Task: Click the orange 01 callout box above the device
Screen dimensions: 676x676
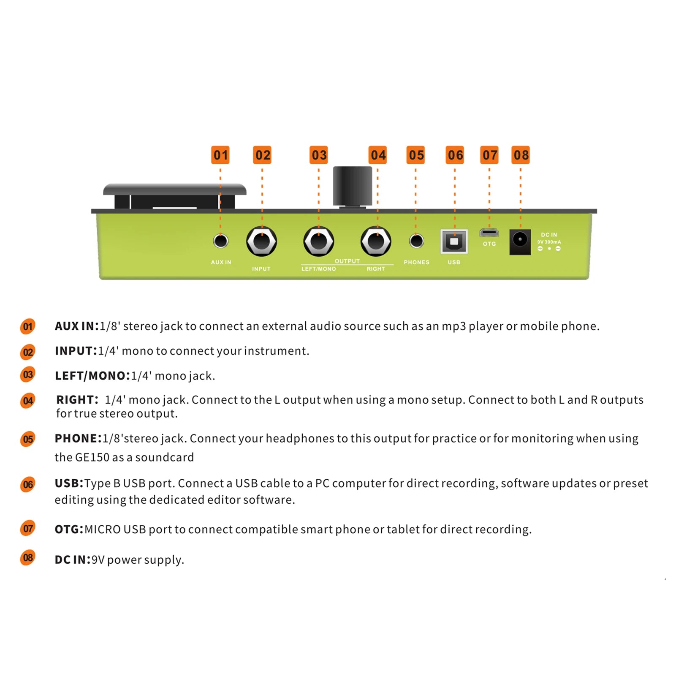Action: pos(220,155)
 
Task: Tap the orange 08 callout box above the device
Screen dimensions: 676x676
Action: pos(521,155)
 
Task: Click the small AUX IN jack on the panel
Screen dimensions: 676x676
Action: pos(220,241)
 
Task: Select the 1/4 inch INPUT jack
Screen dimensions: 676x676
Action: pos(261,242)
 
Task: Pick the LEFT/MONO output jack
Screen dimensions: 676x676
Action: pos(319,242)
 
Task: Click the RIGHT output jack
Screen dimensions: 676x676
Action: pos(376,242)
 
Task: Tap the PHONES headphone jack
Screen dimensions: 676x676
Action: pos(416,241)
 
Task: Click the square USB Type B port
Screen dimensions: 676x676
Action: pos(454,242)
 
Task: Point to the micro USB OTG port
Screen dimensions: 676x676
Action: pos(489,233)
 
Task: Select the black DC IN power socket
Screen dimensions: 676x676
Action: pos(520,242)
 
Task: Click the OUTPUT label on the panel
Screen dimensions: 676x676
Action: pos(347,261)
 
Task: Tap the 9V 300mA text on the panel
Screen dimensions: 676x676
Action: pos(549,242)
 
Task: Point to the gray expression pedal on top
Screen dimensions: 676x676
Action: pos(174,189)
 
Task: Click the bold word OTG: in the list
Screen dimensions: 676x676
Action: pos(69,529)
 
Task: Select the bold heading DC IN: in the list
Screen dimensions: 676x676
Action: pos(73,559)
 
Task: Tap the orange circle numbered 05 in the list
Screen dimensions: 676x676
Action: pos(28,439)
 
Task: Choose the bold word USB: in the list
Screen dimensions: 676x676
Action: pos(69,483)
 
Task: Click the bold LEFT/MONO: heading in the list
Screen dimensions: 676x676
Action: pos(92,376)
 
